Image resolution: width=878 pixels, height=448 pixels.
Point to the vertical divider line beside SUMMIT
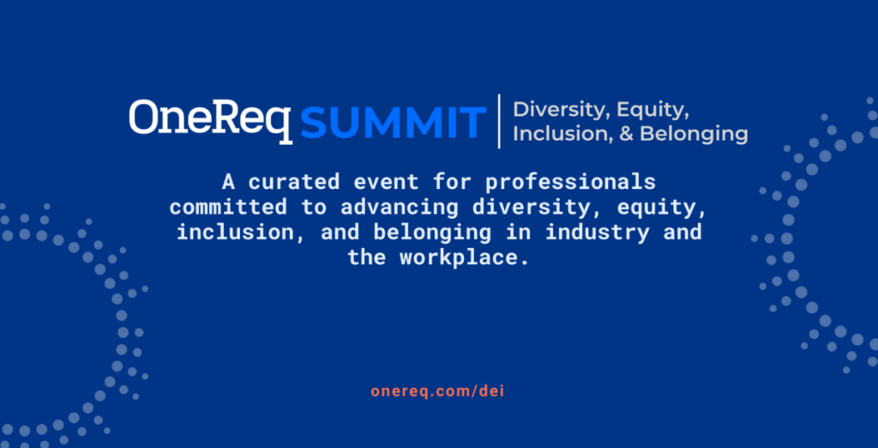point(499,122)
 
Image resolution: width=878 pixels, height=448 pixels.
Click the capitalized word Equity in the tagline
point(652,111)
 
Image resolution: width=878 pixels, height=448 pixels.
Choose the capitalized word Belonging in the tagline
point(695,136)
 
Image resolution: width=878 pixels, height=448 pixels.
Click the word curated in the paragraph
point(294,182)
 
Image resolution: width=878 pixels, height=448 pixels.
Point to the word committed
point(228,207)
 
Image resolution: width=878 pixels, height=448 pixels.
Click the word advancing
point(400,208)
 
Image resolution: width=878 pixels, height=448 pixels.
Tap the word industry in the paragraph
point(598,233)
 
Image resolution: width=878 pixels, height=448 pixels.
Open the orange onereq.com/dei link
point(438,391)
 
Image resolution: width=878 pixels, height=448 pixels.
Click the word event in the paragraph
point(386,182)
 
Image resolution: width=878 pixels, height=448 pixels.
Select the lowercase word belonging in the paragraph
point(432,233)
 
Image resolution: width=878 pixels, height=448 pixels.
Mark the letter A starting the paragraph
point(228,182)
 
